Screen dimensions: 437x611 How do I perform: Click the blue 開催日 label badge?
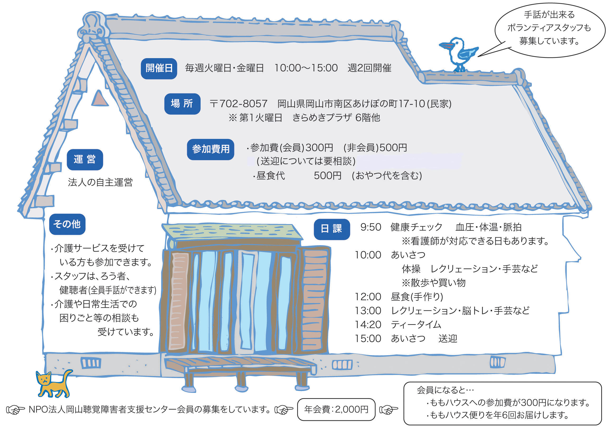tap(159, 69)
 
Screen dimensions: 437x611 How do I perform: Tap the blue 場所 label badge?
tap(182, 104)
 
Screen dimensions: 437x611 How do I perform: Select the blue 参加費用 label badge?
tap(210, 149)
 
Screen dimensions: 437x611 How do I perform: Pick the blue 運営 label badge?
tap(85, 160)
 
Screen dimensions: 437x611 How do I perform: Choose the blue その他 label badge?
tap(67, 224)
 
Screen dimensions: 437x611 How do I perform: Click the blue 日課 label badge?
tap(332, 229)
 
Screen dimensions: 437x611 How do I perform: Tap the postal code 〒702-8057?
tap(238, 104)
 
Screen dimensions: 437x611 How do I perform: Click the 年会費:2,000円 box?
tap(336, 410)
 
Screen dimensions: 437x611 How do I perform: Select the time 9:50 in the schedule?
tap(371, 227)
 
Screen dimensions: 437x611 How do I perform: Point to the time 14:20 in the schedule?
tap(368, 325)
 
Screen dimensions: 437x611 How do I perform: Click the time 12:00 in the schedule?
tap(368, 297)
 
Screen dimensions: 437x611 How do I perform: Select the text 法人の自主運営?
tap(100, 183)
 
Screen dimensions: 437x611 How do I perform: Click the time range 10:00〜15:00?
tap(306, 68)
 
